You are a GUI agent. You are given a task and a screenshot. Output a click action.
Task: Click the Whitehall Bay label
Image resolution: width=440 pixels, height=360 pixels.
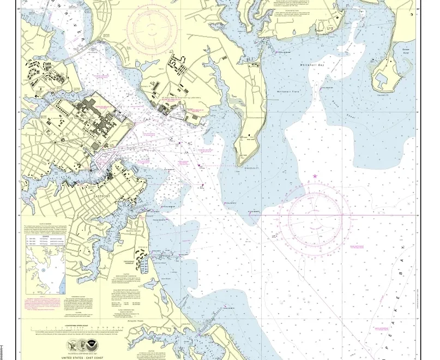pyautogui.click(x=312, y=65)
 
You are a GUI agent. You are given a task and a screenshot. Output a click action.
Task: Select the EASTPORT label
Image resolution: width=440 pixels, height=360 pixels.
pyautogui.click(x=101, y=196)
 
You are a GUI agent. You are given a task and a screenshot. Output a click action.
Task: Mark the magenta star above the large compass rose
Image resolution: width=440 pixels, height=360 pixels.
pyautogui.click(x=315, y=176)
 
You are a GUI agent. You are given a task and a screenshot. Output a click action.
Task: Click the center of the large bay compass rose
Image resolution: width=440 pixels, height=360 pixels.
pyautogui.click(x=315, y=215)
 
